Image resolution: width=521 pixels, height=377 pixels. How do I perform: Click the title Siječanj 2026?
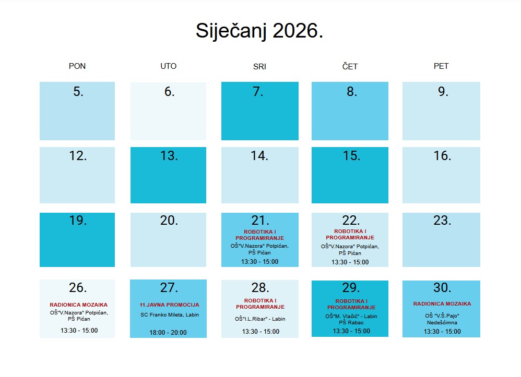[259, 31]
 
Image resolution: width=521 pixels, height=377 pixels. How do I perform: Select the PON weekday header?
[77, 66]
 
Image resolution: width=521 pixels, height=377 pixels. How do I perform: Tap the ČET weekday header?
[350, 67]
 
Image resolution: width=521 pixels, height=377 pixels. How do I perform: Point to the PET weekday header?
[441, 66]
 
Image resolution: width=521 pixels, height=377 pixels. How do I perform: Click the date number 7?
[258, 92]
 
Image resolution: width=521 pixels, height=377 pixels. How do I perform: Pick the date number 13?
[169, 156]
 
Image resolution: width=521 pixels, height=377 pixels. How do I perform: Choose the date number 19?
[78, 221]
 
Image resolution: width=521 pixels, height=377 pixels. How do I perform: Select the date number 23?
[442, 221]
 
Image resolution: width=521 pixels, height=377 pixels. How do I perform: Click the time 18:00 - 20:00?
[168, 333]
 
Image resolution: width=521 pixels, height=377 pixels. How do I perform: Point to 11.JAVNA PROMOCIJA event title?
[169, 305]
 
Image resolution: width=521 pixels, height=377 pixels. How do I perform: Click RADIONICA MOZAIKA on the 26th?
[78, 305]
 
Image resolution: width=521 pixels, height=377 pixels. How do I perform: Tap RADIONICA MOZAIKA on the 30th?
[442, 304]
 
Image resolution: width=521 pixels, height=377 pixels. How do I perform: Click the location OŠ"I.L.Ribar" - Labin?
[260, 319]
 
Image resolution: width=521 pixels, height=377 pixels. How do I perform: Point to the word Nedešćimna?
[442, 323]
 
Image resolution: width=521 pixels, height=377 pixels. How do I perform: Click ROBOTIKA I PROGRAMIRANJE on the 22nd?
[350, 234]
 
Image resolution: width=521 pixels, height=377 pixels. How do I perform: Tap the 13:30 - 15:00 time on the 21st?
[259, 262]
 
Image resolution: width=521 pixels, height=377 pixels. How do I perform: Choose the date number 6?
[169, 92]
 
